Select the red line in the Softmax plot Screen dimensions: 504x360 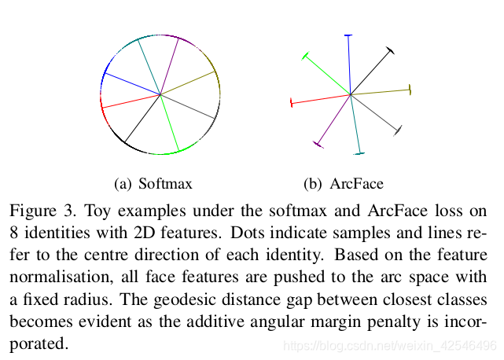pos(131,101)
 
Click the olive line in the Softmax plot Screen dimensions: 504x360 pos(189,83)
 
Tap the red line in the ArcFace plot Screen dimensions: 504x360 pos(321,99)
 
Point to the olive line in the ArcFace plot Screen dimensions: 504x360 pos(381,92)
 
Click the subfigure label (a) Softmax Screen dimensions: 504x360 pos(153,184)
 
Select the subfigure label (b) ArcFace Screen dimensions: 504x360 pos(344,184)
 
